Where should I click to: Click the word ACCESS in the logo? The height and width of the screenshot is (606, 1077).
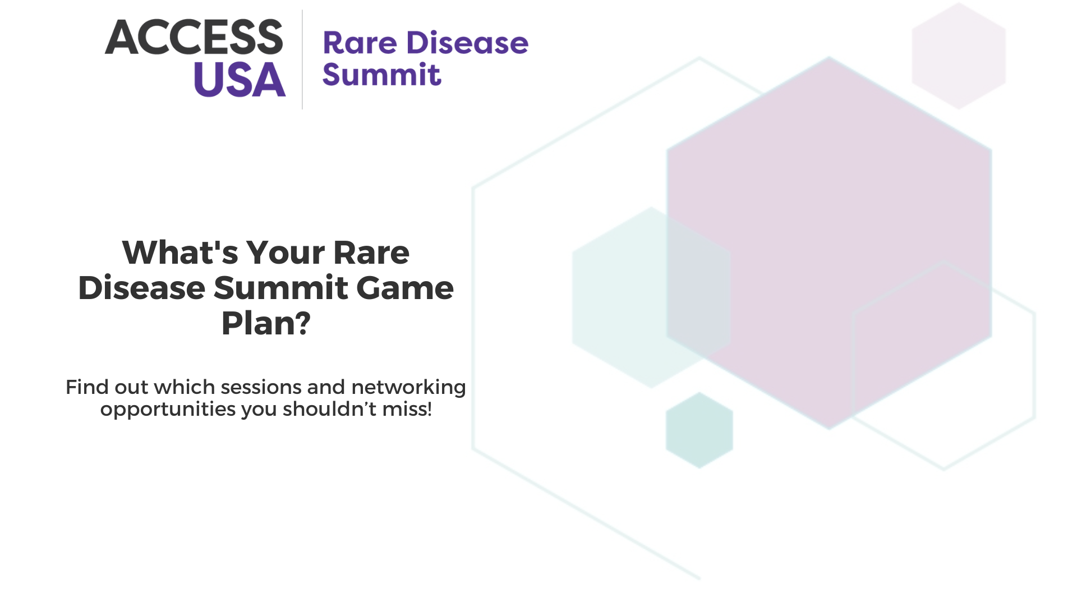click(194, 37)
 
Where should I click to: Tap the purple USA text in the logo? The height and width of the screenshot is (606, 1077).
click(240, 80)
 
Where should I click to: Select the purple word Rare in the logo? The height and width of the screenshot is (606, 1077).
click(360, 43)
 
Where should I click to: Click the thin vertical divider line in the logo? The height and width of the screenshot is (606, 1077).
click(302, 59)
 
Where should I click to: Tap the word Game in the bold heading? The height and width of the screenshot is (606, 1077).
click(405, 288)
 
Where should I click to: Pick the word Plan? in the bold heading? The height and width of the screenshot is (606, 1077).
click(266, 323)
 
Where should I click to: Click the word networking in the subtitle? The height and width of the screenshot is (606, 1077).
click(409, 388)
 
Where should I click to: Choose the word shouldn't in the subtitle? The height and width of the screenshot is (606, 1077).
click(330, 409)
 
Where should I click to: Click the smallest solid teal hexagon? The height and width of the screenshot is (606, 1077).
click(699, 430)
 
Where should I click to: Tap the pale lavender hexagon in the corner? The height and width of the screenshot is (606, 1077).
click(959, 56)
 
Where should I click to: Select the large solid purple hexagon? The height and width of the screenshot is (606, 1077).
click(829, 243)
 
